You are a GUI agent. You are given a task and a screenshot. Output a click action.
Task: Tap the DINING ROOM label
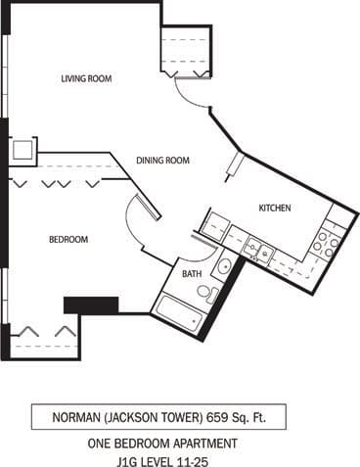point(162,160)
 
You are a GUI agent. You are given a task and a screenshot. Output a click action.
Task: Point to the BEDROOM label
point(68,239)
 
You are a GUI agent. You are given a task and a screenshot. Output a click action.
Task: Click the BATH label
point(191,275)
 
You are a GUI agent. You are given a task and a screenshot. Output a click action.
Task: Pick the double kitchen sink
point(258,250)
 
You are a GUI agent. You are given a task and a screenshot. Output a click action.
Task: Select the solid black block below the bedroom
point(91,305)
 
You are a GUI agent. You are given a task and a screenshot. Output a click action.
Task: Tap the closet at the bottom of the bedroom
point(44,338)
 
